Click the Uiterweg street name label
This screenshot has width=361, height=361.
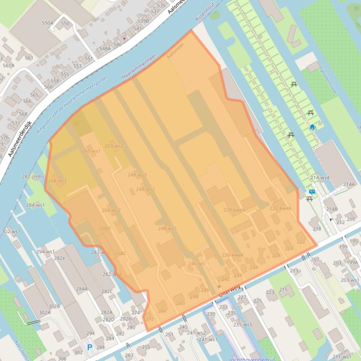[x=230, y=290]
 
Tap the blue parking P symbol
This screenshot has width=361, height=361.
[x=89, y=347]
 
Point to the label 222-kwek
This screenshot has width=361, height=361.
[x=280, y=208]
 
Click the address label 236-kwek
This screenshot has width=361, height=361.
[x=232, y=255]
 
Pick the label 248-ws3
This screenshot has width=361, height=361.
[x=137, y=175]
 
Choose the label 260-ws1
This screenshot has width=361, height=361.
[x=91, y=151]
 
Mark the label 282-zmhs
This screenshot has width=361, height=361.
[x=33, y=177]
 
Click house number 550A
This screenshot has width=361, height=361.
[x=47, y=23]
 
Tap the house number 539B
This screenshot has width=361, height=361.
[x=143, y=21]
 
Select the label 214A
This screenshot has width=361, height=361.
[x=349, y=185]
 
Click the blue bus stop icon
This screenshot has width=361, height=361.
[x=312, y=191]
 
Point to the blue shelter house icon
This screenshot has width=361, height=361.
[x=312, y=127]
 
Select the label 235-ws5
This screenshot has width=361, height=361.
[x=243, y=324]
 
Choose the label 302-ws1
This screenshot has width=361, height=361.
[x=11, y=232]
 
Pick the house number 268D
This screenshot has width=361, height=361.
[x=105, y=228]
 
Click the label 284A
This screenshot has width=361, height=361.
[x=82, y=289]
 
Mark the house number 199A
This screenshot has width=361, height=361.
[x=352, y=263]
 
